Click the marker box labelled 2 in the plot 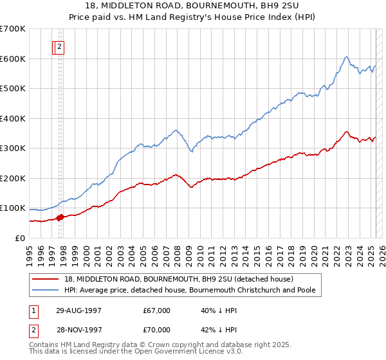coord(59,46)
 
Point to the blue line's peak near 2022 coord(346,57)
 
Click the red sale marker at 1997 coord(60,217)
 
